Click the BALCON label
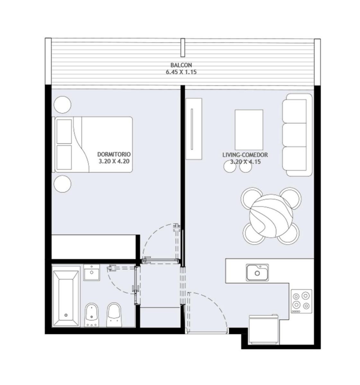pos(181,65)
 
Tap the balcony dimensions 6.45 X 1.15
pos(181,72)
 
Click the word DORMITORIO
pos(114,154)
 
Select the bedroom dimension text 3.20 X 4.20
pos(114,161)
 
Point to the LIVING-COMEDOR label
pos(245,155)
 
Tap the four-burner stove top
pos(301,302)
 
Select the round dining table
pos(271,216)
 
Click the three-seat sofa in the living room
pos(297,135)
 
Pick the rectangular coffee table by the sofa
pos(249,130)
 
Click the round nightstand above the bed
pos(62,105)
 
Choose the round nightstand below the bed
pos(62,184)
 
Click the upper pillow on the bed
pos(64,132)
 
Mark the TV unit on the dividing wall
pos(194,129)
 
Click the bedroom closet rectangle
pos(94,247)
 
